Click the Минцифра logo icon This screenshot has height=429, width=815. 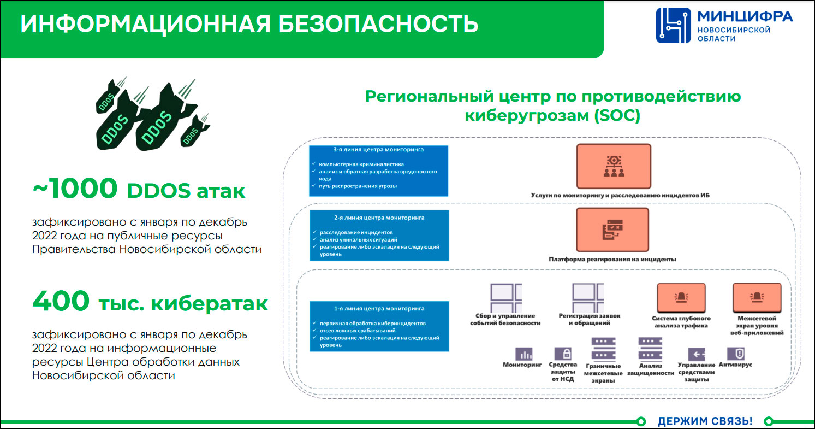coord(673,25)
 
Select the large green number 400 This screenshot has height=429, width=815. coord(61,301)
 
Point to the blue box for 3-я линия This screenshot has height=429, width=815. coord(378,170)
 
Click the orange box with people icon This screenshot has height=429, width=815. coord(614,166)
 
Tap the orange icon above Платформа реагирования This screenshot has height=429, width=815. coord(612,230)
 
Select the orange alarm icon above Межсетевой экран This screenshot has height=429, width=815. coord(757,297)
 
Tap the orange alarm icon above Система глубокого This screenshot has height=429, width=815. coord(680,297)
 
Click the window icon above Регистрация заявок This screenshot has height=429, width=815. coord(588,297)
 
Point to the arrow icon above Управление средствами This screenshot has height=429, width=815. coord(697,353)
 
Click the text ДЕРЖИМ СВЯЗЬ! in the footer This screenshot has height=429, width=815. coord(705,421)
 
